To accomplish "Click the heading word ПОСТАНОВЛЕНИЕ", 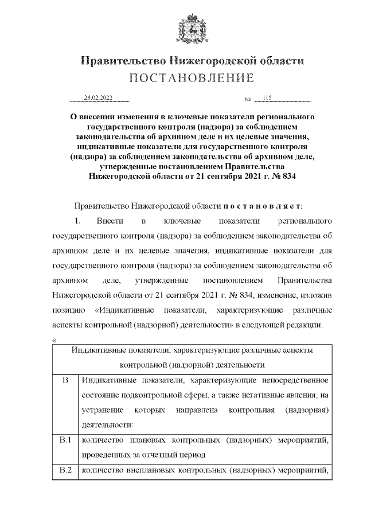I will (183, 77).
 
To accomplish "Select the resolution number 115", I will (267, 99).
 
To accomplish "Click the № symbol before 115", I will (248, 100).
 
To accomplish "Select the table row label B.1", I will (65, 440).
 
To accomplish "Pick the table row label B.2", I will (65, 471).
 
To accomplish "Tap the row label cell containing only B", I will (65, 380).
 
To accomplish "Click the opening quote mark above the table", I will (54, 340).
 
